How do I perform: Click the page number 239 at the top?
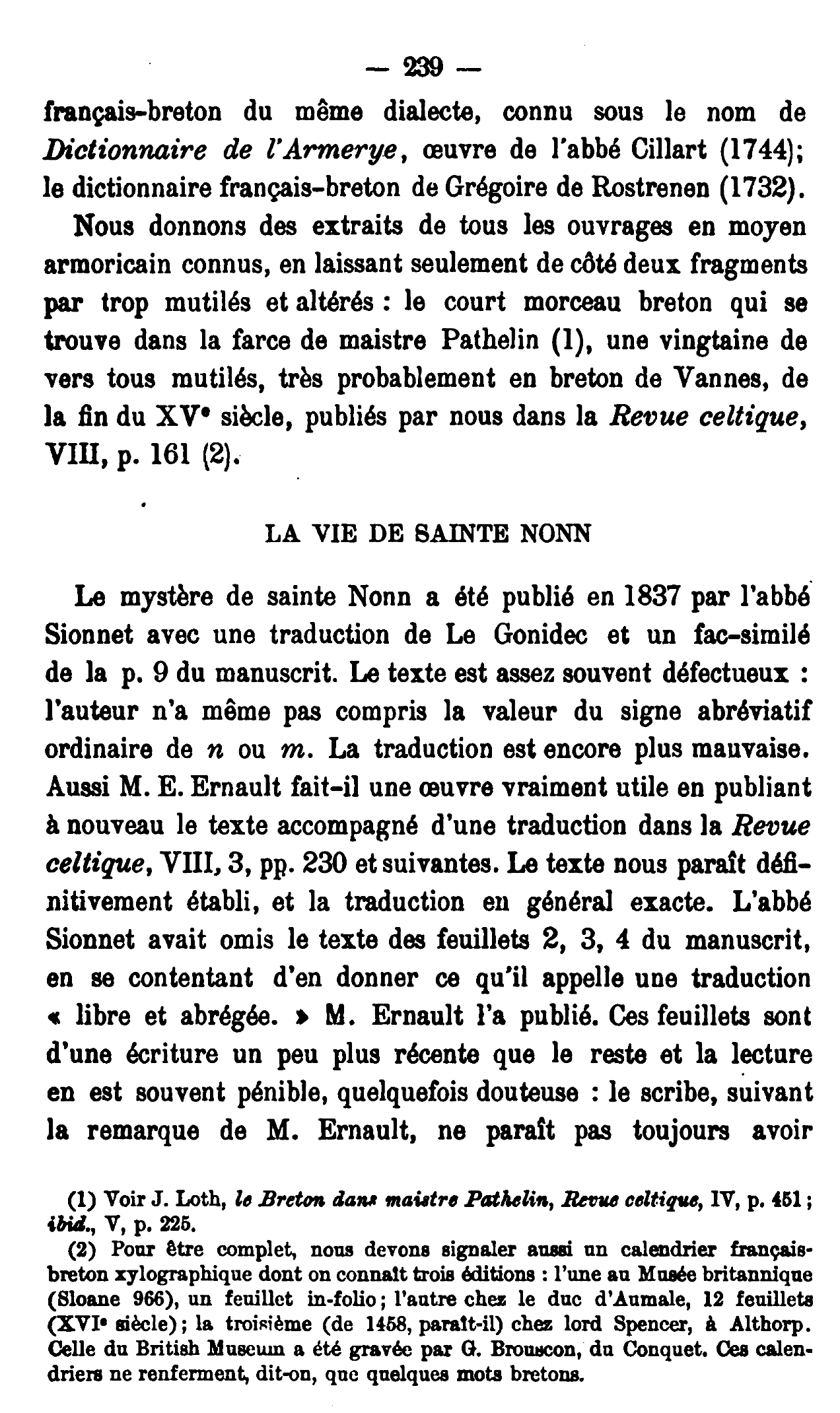(x=423, y=68)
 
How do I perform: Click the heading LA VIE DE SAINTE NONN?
(x=427, y=534)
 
